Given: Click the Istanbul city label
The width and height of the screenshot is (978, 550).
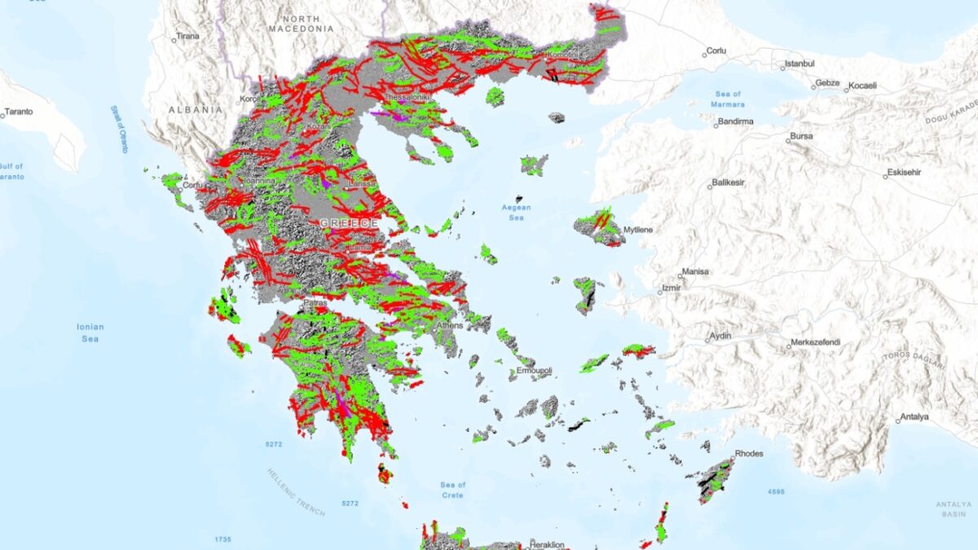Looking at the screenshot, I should (x=799, y=64).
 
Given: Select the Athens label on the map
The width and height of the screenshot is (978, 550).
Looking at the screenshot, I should (x=449, y=325).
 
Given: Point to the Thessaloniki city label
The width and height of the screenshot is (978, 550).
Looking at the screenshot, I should (x=407, y=97).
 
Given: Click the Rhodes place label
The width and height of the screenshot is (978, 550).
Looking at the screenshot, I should (x=748, y=453).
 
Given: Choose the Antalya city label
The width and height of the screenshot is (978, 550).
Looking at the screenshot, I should (x=914, y=417).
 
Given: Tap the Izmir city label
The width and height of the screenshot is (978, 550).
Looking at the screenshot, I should (x=671, y=288).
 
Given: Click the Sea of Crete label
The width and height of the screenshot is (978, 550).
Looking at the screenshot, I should (x=452, y=490).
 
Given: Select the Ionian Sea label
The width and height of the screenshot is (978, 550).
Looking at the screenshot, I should (x=90, y=332).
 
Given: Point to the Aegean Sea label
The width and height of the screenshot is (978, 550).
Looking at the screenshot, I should (x=516, y=212).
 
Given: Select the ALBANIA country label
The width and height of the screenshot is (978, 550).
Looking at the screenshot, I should (x=195, y=109).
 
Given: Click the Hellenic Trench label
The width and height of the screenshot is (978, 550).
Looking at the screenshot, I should (x=295, y=493).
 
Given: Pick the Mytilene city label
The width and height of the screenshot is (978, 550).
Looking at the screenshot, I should (x=637, y=231).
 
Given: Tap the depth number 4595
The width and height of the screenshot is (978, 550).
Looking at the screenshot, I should (x=775, y=492).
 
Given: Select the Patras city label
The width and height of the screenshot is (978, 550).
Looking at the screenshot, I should (x=315, y=303).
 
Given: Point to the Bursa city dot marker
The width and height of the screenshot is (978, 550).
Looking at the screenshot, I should (x=787, y=140).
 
